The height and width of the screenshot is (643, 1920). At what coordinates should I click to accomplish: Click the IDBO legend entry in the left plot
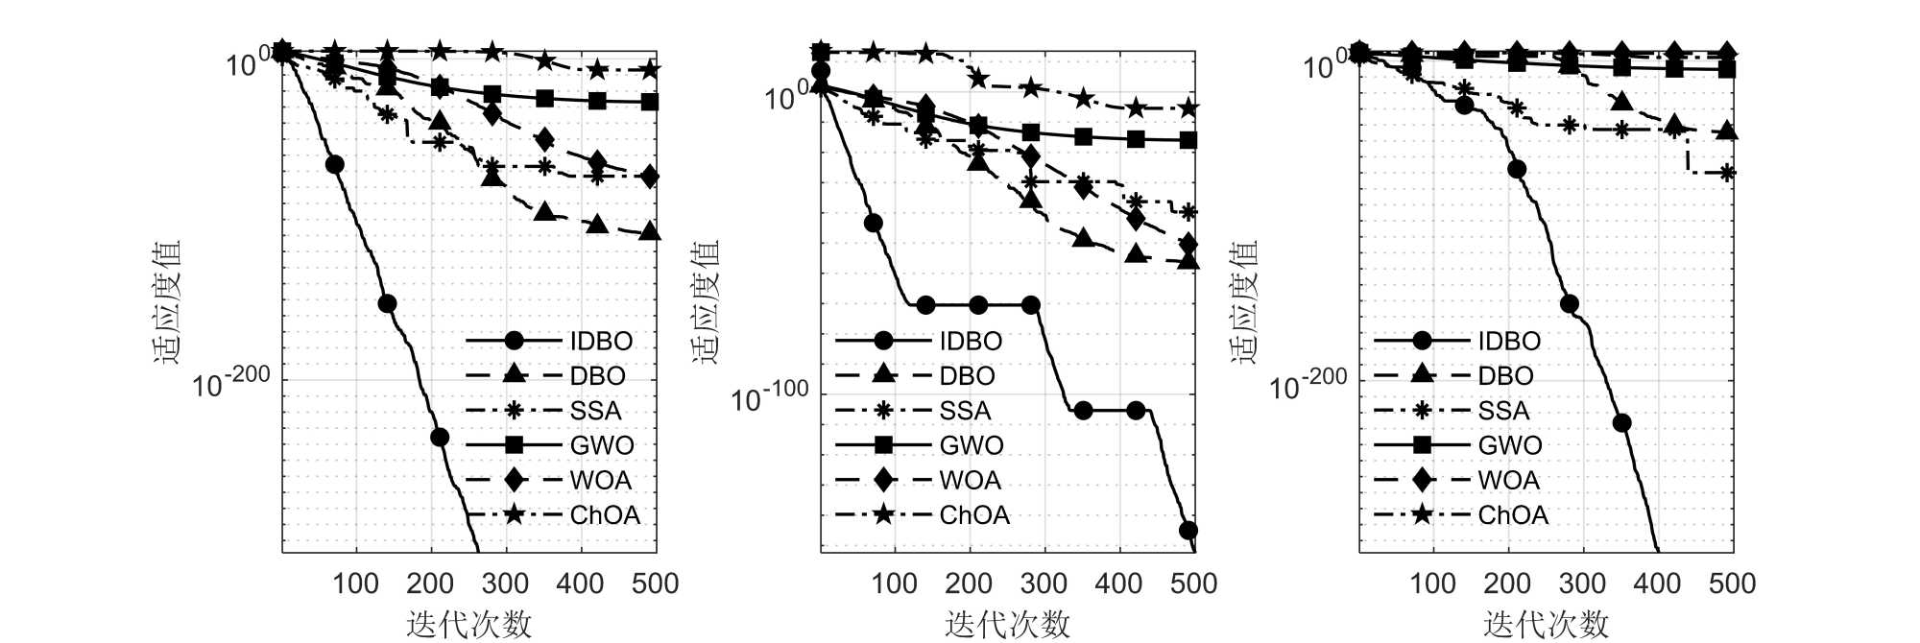[x=601, y=341]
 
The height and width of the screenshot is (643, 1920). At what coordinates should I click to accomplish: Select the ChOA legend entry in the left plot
[x=605, y=515]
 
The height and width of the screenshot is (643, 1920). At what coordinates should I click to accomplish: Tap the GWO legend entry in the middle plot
[x=972, y=445]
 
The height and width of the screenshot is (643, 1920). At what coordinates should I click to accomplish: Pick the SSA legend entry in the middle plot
[x=965, y=411]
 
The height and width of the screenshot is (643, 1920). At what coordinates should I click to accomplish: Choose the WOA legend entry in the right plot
[x=1509, y=480]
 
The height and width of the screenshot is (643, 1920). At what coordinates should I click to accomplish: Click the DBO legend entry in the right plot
[x=1505, y=376]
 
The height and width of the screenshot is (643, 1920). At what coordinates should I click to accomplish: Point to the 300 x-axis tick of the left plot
[x=506, y=583]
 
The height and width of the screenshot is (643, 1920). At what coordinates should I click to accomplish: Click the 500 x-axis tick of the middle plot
[x=1193, y=583]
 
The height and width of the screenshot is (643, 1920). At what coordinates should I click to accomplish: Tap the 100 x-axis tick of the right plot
[x=1433, y=583]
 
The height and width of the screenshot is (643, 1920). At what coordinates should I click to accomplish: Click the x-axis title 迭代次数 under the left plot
[x=468, y=624]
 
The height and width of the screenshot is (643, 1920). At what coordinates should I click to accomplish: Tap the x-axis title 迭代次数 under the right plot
[x=1546, y=624]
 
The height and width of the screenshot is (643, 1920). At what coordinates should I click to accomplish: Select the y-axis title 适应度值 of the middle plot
[x=706, y=301]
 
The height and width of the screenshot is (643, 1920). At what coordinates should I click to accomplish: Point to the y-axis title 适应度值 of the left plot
[x=167, y=301]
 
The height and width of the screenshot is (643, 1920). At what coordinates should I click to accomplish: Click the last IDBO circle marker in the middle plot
[x=1188, y=531]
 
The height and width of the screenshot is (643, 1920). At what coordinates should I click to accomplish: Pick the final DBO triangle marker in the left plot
[x=649, y=231]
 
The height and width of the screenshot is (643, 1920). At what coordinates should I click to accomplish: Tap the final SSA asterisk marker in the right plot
[x=1727, y=173]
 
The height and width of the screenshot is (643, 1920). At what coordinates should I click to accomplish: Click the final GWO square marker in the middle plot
[x=1188, y=140]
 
